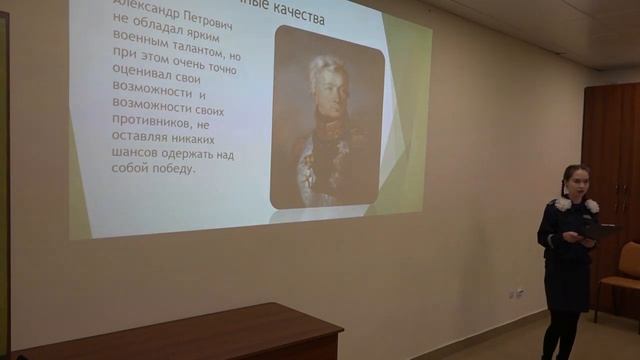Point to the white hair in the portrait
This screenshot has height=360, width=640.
tap(326, 68)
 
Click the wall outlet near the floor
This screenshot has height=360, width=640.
tap(518, 293)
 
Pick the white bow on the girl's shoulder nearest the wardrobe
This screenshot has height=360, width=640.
tap(592, 205)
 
